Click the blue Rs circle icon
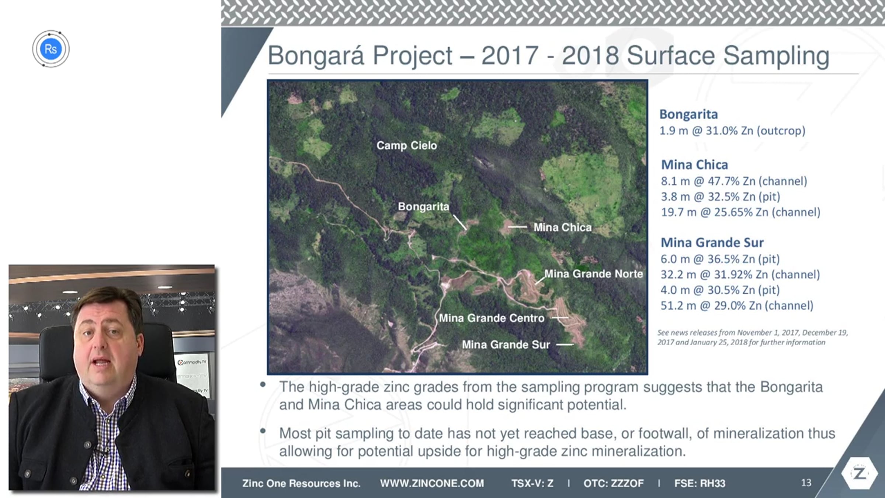[x=51, y=49]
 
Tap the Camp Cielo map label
[x=406, y=145]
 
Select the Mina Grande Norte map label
[x=593, y=274]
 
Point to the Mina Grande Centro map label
[x=492, y=318]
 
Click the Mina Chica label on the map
[x=562, y=227]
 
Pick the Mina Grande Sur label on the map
[x=506, y=345]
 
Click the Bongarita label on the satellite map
[x=423, y=207]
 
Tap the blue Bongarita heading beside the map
[x=688, y=114]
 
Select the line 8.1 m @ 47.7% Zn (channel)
[x=734, y=181]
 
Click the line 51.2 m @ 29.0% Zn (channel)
[x=737, y=305]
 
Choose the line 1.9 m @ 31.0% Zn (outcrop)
[x=732, y=131]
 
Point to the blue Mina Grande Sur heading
[x=712, y=242]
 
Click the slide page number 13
[x=806, y=483]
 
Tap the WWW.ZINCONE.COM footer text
[x=432, y=483]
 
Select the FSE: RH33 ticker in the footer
[x=700, y=483]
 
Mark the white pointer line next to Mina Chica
[x=517, y=227]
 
